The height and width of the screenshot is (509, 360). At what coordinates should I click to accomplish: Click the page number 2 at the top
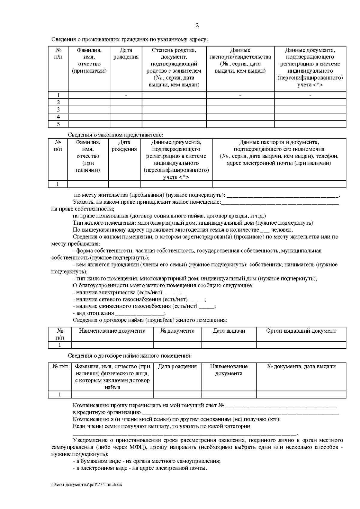click(197, 25)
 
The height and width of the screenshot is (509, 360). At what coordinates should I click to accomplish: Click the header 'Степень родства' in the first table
click(174, 50)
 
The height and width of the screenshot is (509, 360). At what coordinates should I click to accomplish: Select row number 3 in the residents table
click(58, 109)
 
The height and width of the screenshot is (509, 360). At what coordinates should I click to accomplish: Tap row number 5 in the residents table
click(58, 124)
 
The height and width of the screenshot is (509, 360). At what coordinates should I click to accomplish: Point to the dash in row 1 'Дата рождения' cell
click(126, 95)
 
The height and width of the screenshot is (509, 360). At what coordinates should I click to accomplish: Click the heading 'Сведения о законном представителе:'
click(115, 135)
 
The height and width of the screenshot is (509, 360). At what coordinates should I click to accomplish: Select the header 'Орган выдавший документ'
click(301, 331)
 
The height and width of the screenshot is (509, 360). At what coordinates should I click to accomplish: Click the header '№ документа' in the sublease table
click(177, 331)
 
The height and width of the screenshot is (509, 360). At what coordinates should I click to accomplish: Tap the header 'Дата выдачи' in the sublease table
click(229, 331)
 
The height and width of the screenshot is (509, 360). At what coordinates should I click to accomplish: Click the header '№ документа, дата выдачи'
click(301, 367)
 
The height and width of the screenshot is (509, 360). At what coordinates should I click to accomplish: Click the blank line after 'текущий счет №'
click(281, 406)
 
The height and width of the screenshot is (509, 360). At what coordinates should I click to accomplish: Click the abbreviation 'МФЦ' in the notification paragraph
click(137, 447)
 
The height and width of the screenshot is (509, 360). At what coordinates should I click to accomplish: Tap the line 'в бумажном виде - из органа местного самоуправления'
click(147, 461)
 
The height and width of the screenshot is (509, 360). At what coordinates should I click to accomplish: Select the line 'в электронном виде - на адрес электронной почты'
click(140, 468)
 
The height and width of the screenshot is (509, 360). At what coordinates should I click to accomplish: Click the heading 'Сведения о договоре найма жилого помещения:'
click(130, 356)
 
